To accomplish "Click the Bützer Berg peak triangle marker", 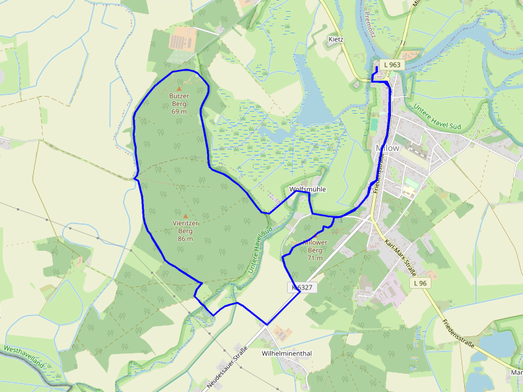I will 179,88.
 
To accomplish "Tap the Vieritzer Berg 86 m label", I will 185,231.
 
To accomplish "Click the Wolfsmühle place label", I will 307,189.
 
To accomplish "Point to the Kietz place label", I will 336,40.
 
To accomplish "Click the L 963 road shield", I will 393,65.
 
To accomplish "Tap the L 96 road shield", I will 420,284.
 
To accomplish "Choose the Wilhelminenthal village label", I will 286,353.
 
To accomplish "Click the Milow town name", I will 388,148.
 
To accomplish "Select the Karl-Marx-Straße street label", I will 400,257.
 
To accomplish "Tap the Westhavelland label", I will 25,357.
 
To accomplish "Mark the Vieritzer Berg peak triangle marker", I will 185,216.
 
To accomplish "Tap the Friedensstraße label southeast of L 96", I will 457,333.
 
